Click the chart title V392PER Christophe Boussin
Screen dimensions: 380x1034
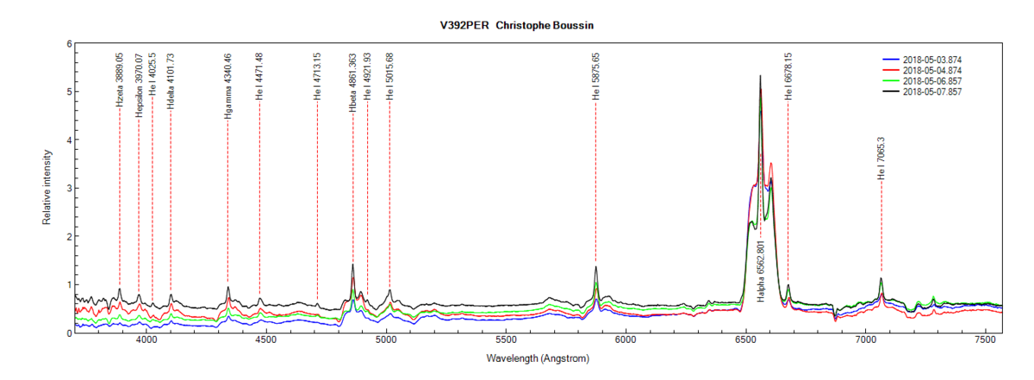(516, 26)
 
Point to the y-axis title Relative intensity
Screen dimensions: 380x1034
(47, 187)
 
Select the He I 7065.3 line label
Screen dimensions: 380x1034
(881, 158)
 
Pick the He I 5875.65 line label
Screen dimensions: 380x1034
(595, 78)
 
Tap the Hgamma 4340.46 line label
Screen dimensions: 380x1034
(227, 87)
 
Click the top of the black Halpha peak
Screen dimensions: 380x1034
(760, 76)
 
